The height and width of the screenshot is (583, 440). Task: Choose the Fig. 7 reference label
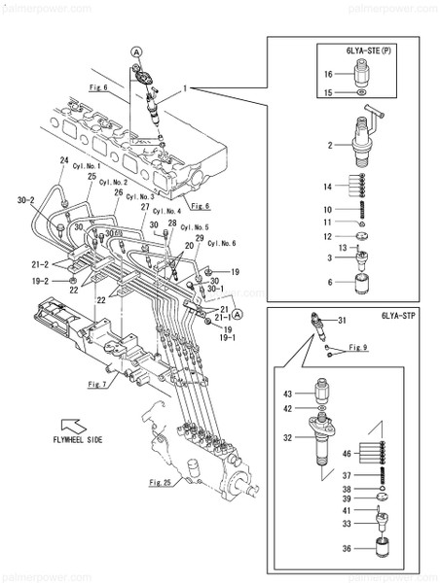96,385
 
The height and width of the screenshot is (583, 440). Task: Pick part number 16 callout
329,74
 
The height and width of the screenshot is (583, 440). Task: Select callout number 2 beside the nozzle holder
330,145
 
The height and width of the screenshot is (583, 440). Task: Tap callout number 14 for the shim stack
329,186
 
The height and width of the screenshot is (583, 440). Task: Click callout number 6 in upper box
330,282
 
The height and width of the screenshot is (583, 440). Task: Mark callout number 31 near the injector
342,322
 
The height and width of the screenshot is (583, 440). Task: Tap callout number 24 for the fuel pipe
65,160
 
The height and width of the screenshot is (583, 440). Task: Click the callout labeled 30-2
26,201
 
